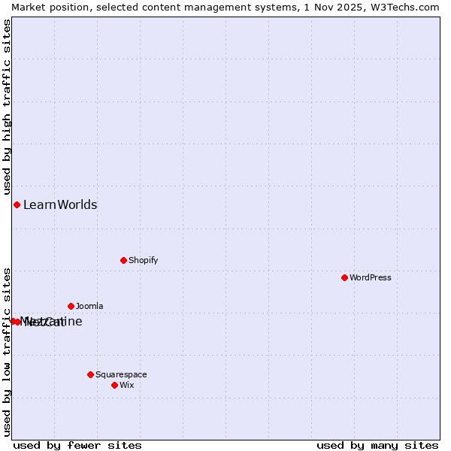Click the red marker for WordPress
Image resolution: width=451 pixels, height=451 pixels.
point(344,277)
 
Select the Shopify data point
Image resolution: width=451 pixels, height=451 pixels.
point(123,260)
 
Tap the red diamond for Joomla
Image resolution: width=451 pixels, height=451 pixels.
point(71,306)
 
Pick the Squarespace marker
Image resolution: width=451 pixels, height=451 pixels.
point(90,374)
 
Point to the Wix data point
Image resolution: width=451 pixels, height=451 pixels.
point(114,385)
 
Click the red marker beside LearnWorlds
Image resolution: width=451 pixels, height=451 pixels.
point(17,204)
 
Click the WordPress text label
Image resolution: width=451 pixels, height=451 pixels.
point(371,277)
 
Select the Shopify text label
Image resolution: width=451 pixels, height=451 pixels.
point(143,260)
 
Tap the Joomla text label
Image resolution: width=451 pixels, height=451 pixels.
point(89,306)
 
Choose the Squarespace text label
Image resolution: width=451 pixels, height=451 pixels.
point(121,374)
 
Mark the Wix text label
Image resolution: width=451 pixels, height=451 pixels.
point(126,385)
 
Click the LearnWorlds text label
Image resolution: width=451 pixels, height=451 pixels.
point(60,204)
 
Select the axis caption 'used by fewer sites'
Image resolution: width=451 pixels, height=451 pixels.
point(77,445)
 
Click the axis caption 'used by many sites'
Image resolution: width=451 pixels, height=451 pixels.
point(377,445)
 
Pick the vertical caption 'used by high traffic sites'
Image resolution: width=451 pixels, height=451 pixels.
point(7,104)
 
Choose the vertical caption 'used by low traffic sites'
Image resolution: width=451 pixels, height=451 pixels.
point(7,352)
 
